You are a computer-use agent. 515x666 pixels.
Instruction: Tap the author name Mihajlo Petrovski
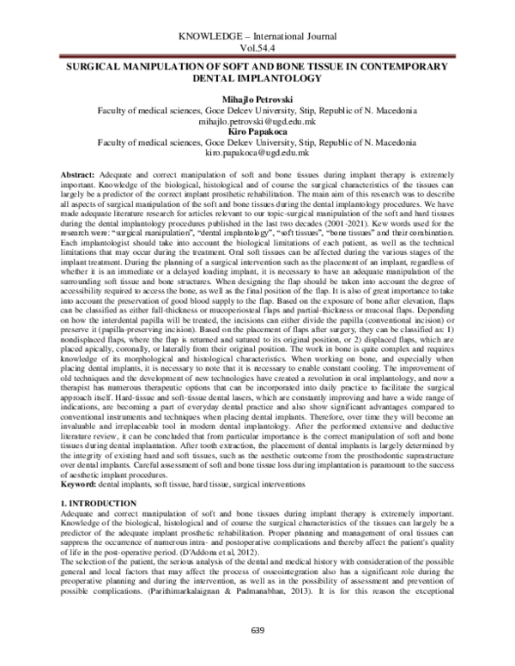pyautogui.click(x=257, y=100)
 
